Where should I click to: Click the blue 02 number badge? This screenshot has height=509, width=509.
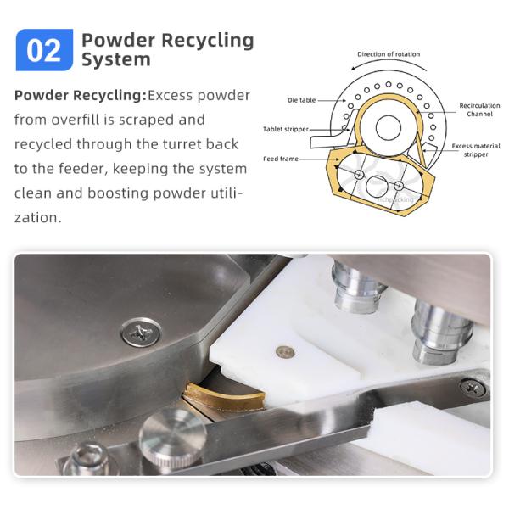[x=44, y=50]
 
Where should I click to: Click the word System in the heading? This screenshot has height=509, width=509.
[x=116, y=59]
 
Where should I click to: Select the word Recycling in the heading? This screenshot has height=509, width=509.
[x=208, y=41]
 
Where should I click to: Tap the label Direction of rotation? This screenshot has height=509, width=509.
[x=389, y=54]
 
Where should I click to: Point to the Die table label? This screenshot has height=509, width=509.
[x=301, y=100]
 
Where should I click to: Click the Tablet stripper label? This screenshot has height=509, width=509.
[x=286, y=129]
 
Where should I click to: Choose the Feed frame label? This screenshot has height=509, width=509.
[x=281, y=159]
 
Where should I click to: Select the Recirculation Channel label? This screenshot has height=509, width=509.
[x=479, y=109]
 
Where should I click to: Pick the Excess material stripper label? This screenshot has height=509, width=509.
[x=476, y=150]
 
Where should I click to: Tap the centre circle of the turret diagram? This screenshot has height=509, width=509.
[x=389, y=127]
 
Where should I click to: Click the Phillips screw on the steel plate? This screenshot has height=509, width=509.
[x=141, y=332]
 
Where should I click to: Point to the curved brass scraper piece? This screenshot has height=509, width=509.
[x=224, y=394]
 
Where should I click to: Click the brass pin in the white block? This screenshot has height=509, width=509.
[x=285, y=352]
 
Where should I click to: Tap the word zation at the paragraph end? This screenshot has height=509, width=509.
[x=37, y=217]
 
